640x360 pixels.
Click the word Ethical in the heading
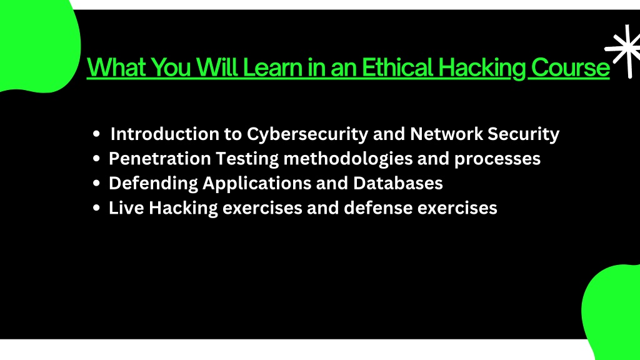click(x=397, y=67)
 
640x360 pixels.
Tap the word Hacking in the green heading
click(x=481, y=67)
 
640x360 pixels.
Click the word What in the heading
click(x=116, y=67)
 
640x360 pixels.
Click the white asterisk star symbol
click(x=623, y=51)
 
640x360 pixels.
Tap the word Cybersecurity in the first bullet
click(x=307, y=134)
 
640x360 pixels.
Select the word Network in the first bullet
click(x=446, y=134)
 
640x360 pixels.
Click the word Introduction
click(x=165, y=134)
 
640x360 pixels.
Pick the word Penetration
click(x=159, y=158)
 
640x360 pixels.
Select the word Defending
click(x=153, y=184)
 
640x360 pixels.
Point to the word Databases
click(x=398, y=183)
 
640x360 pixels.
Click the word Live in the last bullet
click(x=126, y=207)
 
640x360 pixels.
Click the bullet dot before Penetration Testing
click(x=96, y=158)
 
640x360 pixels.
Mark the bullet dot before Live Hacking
click(x=96, y=207)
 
